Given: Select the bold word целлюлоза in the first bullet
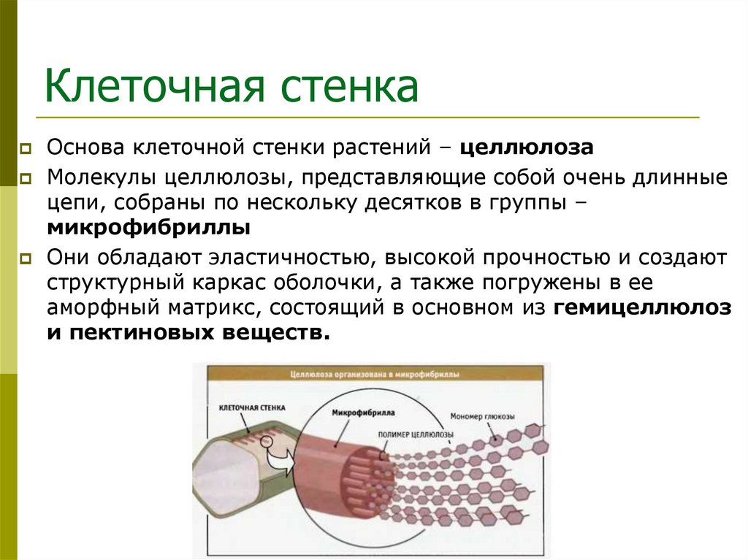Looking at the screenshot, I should (526, 147).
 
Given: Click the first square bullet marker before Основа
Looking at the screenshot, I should (26, 148).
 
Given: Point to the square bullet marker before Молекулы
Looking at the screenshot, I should (26, 179).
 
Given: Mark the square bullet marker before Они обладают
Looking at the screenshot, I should (26, 258).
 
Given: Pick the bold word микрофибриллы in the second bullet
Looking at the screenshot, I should (149, 227).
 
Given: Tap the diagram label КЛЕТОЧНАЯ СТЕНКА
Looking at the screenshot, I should (252, 407).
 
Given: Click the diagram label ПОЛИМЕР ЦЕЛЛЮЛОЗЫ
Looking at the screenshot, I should (416, 434).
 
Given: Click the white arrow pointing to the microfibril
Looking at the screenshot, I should (280, 461).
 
